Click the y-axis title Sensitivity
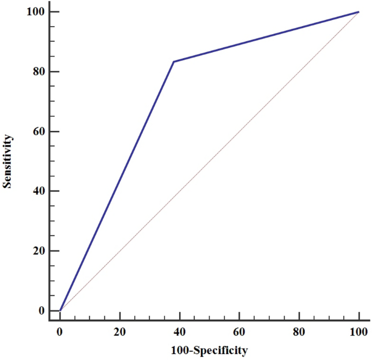pos(7,161)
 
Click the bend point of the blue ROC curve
pos(173,61)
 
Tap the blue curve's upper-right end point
pos(358,12)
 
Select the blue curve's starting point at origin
pos(60,311)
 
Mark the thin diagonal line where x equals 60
pos(239,131)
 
